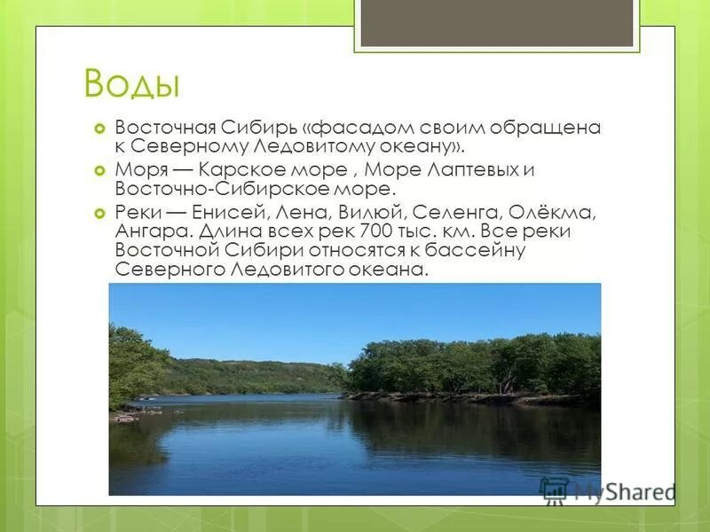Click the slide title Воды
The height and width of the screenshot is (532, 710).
[132, 85]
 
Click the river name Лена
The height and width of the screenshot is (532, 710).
[302, 214]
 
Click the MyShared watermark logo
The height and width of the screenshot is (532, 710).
[608, 490]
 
